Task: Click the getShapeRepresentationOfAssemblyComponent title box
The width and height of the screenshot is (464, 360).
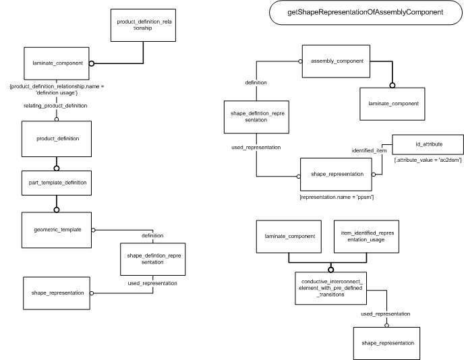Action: coord(366,12)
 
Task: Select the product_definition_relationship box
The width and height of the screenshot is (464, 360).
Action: coord(143,25)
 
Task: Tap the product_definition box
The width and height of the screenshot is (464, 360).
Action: coord(57,139)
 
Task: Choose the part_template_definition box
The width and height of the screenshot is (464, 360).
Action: coord(57,183)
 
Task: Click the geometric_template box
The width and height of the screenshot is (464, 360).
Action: coord(57,230)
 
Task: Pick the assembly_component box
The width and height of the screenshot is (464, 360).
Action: coord(336,61)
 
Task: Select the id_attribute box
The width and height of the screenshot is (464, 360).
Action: coord(428,144)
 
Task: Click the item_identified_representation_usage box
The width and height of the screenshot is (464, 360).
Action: coord(366,237)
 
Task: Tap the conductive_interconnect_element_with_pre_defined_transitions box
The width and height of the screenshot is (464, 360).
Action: coord(331,288)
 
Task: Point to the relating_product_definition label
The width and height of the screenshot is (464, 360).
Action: coord(55,106)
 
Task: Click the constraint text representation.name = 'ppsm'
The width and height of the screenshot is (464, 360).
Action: coord(337,197)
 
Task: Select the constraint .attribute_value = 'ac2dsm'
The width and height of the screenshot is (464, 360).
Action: coord(428,160)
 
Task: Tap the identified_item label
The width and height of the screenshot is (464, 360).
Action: coord(369,150)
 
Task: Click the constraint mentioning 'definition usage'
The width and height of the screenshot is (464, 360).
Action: coord(57,90)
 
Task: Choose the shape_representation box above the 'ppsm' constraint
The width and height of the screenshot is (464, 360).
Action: coord(336,174)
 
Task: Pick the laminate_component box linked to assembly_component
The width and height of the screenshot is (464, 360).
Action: coord(393,104)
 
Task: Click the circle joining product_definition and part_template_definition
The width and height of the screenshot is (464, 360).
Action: coord(57,169)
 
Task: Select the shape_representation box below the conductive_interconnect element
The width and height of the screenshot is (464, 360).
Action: coord(386,343)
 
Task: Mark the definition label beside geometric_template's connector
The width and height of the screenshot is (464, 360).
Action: coord(152,236)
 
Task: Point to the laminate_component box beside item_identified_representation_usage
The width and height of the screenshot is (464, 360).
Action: coord(289,237)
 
